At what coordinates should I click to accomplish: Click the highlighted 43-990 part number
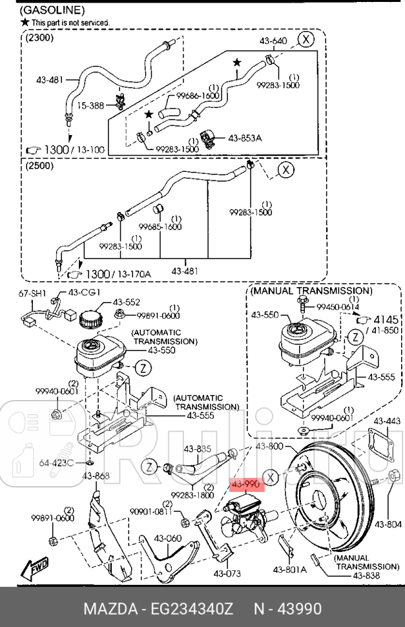click(x=245, y=484)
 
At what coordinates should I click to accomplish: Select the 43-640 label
click(x=273, y=41)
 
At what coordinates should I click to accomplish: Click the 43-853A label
click(x=245, y=138)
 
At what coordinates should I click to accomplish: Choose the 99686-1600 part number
click(x=198, y=95)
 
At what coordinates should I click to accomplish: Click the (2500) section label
click(x=39, y=166)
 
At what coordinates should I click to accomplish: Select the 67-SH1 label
click(x=32, y=293)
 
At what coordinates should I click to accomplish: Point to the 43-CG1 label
click(x=85, y=293)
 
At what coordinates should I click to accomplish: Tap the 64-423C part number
click(x=57, y=463)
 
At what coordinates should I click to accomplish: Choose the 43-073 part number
click(x=227, y=573)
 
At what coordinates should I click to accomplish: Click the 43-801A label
click(x=289, y=569)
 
